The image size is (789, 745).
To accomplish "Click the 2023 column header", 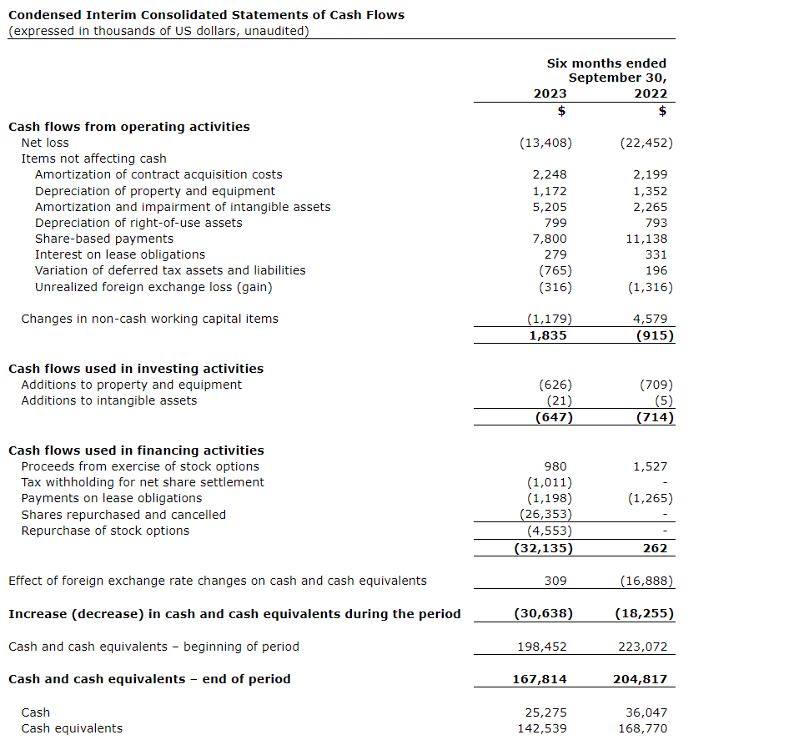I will click(x=550, y=93).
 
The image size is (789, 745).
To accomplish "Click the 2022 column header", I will click(x=651, y=93).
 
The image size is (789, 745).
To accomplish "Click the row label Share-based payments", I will click(x=104, y=239).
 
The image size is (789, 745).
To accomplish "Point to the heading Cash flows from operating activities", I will click(x=128, y=127).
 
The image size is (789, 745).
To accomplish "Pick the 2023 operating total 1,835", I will click(x=550, y=335).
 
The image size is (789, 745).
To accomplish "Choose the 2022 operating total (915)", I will click(x=654, y=335).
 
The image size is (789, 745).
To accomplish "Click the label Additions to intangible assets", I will click(x=109, y=400).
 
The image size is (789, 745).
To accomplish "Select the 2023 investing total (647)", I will click(x=553, y=417).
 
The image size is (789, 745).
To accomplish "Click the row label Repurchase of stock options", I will click(x=105, y=531).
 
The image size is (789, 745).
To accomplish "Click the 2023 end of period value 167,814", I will click(x=540, y=679).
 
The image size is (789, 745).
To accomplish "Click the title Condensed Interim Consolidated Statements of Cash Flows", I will click(x=206, y=15).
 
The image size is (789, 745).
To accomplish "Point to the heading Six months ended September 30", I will click(x=607, y=70).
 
